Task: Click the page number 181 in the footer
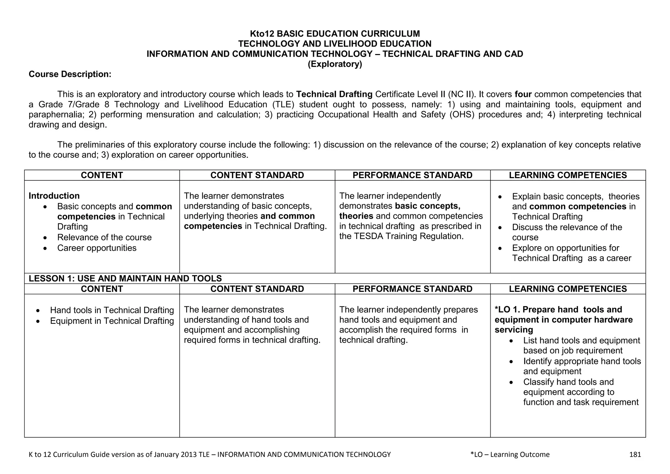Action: (x=635, y=454)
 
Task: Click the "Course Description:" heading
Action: (x=70, y=74)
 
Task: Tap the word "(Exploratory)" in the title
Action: (x=335, y=64)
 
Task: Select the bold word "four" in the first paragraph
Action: (x=523, y=95)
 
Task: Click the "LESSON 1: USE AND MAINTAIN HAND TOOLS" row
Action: (x=125, y=279)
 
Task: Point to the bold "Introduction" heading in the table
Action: (x=54, y=196)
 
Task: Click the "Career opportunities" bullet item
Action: (x=97, y=248)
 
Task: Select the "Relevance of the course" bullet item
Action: (x=104, y=238)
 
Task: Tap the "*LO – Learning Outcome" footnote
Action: (x=510, y=454)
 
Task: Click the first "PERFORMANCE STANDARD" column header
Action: (x=412, y=175)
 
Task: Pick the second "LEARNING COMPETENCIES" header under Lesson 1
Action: (x=568, y=289)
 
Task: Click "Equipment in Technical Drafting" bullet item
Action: (x=112, y=321)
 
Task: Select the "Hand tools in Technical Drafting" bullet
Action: (x=112, y=310)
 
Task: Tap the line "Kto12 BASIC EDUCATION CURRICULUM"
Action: (x=335, y=34)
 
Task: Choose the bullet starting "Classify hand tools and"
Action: (x=568, y=382)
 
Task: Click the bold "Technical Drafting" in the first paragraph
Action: (x=334, y=95)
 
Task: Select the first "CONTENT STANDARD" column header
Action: (x=257, y=175)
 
